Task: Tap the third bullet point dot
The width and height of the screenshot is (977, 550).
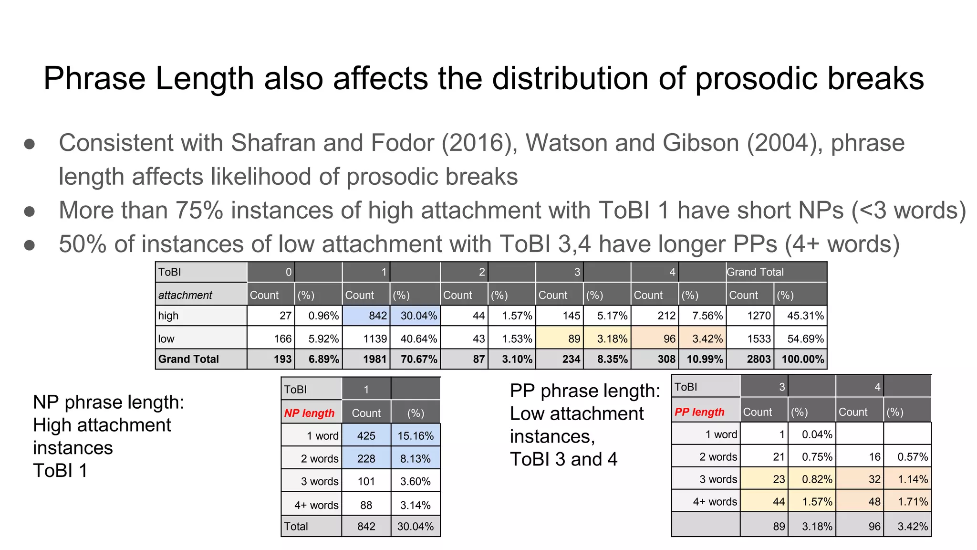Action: (30, 245)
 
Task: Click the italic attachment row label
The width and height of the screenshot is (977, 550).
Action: (185, 295)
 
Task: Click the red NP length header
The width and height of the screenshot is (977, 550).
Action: (309, 413)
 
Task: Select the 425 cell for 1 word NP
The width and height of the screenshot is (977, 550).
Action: (366, 436)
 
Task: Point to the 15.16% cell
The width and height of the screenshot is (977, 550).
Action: (415, 436)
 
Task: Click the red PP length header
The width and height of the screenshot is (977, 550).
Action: (699, 412)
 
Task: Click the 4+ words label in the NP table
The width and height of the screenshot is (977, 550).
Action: (316, 505)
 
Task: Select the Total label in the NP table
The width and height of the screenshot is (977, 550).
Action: (296, 527)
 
